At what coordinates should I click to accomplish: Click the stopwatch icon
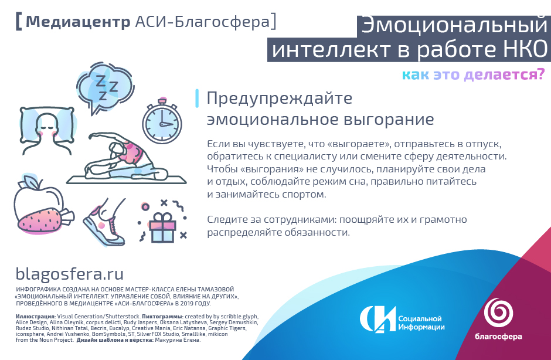[162, 121]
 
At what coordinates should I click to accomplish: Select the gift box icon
[162, 227]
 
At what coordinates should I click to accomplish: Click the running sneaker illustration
[105, 222]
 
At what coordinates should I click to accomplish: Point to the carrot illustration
[45, 219]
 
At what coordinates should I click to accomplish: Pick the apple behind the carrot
[38, 197]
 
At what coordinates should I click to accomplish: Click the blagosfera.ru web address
[70, 274]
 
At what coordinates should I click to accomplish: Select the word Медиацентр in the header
[78, 22]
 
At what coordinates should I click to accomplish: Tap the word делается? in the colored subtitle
[504, 74]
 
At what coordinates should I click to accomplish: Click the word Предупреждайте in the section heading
[280, 99]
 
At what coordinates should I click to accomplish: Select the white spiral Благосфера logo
[498, 312]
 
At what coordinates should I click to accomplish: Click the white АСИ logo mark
[377, 319]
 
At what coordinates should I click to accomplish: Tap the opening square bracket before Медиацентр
[19, 22]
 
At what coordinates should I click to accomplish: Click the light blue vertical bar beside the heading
[197, 98]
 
